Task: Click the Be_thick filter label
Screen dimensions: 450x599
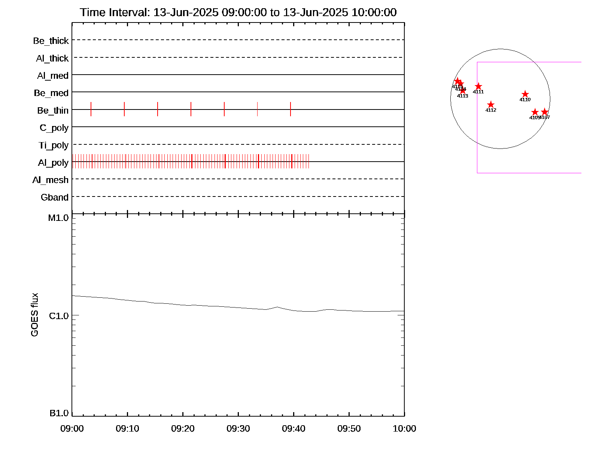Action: click(51, 41)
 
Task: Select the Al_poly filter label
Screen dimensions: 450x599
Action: click(53, 163)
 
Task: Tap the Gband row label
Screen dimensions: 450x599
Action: click(55, 198)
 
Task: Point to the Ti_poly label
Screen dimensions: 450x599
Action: click(54, 145)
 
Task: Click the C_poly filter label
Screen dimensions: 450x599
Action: click(54, 128)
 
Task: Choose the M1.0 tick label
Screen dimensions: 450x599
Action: click(58, 218)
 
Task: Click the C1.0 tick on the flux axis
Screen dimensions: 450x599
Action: click(59, 316)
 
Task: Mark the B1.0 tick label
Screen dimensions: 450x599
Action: click(59, 413)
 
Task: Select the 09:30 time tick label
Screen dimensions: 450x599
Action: click(238, 429)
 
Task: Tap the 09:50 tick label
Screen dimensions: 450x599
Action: click(349, 429)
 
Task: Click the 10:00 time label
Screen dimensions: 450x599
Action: click(404, 429)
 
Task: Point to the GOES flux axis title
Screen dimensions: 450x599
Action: click(34, 315)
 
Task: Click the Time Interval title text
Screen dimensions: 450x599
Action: click(238, 12)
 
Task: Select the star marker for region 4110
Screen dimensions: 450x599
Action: click(525, 94)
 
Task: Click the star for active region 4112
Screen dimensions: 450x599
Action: click(491, 105)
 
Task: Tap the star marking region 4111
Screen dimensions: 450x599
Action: click(478, 87)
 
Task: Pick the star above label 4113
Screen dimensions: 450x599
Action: click(463, 90)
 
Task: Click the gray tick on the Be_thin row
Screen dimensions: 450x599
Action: click(257, 109)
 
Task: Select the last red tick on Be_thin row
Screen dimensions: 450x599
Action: click(291, 109)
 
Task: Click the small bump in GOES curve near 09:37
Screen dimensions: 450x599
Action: click(277, 307)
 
